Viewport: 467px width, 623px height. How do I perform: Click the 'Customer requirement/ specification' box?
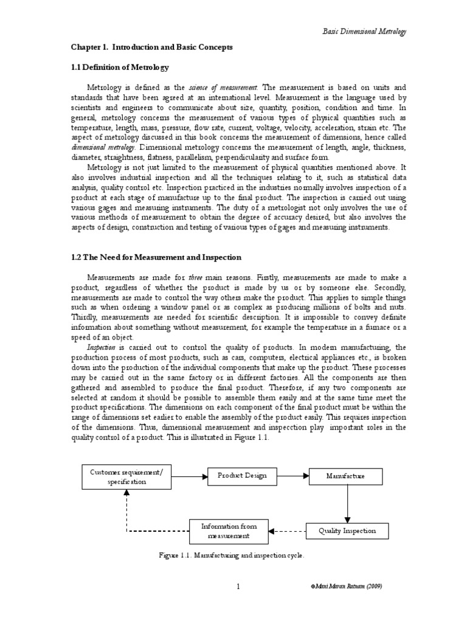click(x=127, y=476)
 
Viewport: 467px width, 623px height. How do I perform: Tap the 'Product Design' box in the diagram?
click(x=242, y=476)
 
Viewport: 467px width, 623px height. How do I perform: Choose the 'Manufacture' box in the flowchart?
click(x=345, y=476)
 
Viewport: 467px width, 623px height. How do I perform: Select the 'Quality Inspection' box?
click(x=347, y=531)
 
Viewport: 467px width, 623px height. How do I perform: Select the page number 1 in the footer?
click(x=239, y=586)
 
